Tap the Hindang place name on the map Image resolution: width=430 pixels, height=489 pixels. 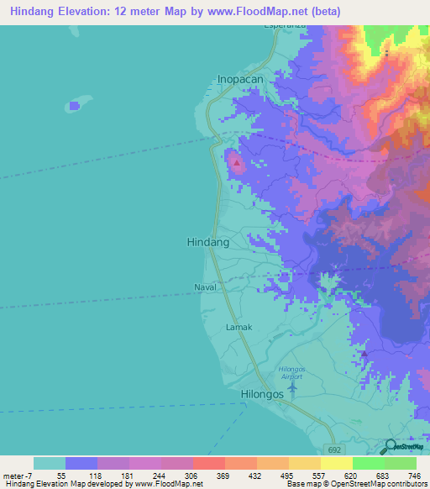click(x=207, y=242)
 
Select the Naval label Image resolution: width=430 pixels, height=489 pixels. click(x=205, y=287)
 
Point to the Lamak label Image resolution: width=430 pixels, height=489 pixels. click(x=239, y=327)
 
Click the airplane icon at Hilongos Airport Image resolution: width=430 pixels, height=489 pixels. click(x=291, y=386)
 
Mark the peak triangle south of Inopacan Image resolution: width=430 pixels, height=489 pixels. click(x=237, y=162)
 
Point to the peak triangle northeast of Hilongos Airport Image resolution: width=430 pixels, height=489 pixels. click(x=364, y=354)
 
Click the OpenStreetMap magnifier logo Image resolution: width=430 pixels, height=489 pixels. click(x=391, y=447)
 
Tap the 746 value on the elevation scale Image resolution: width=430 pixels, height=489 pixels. click(x=414, y=475)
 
